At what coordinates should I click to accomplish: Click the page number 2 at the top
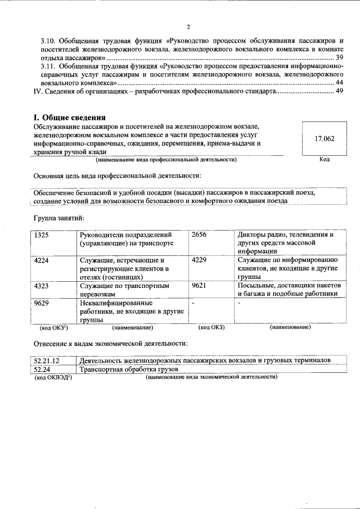point(189,26)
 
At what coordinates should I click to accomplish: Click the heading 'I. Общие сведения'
point(69,118)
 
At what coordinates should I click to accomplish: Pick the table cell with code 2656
point(199,235)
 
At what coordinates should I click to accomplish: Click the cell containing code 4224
point(42,260)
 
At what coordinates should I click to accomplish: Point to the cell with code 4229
point(199,260)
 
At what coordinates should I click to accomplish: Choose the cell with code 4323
point(42,286)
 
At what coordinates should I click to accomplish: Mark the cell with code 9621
point(199,286)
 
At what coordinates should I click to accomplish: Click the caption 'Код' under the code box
point(324,160)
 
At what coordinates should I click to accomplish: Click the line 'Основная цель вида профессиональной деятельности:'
point(117,177)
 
